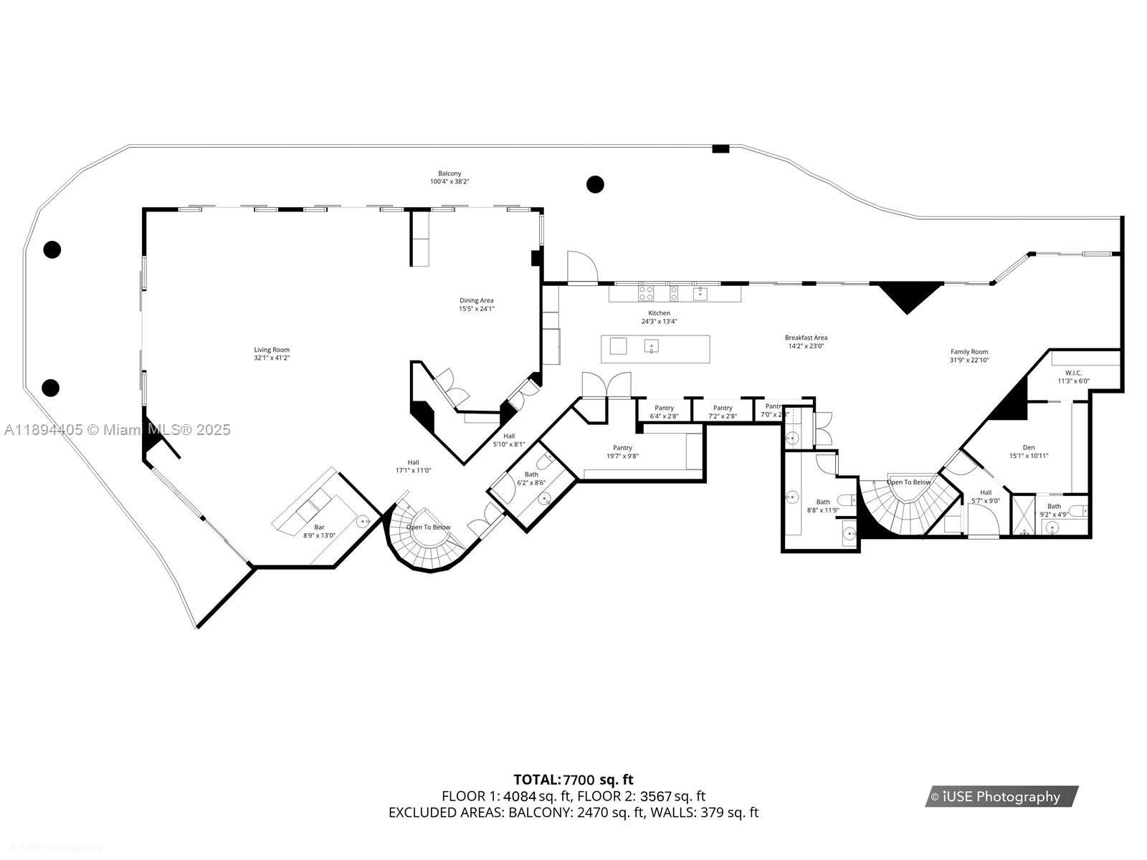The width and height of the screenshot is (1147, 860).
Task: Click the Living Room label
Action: tap(272, 350)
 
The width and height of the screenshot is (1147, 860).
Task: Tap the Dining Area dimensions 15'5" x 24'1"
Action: tap(477, 309)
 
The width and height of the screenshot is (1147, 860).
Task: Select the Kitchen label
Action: tap(659, 313)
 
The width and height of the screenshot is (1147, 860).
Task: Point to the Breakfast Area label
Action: tap(806, 338)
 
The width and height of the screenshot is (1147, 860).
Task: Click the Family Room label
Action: tap(969, 352)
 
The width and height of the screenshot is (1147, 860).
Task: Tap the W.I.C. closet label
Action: tap(1073, 373)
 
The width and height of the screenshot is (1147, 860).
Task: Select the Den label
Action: tap(1029, 447)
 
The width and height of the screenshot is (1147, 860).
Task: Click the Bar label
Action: tap(319, 527)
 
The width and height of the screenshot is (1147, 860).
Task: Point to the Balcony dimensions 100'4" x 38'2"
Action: tap(449, 182)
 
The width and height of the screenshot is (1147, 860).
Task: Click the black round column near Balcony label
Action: tap(595, 184)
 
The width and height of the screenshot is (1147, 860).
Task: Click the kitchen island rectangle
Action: tap(655, 348)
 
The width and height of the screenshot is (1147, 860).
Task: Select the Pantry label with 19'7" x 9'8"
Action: tap(622, 448)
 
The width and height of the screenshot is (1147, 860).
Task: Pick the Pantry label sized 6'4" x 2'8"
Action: tap(664, 408)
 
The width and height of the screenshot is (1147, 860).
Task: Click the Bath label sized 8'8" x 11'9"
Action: tap(823, 502)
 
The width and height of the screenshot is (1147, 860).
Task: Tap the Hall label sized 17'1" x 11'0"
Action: tap(413, 462)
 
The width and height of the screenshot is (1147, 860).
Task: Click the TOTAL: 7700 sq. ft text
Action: tap(573, 780)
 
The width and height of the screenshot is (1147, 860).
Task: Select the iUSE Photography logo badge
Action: tap(1001, 796)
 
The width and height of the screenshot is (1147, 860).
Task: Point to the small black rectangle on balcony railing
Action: tap(720, 149)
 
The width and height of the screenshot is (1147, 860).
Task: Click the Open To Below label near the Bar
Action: tap(428, 527)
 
